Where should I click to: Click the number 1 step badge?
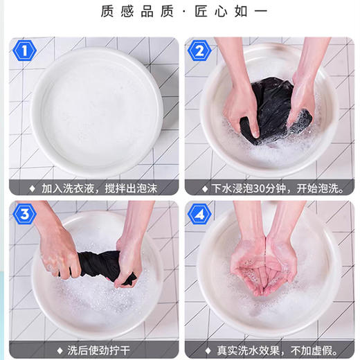(x=24, y=51)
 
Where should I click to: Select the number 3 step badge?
(x=24, y=214)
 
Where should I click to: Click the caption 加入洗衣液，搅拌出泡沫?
(x=98, y=187)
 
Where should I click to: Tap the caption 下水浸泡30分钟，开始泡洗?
(x=271, y=187)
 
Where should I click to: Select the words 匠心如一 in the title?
(x=227, y=12)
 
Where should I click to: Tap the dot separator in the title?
(x=180, y=12)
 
